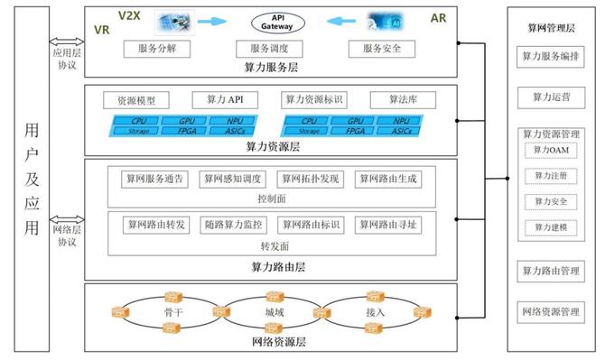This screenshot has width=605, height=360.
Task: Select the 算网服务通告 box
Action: (155, 179)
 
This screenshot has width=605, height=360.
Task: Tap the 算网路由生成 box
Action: (386, 179)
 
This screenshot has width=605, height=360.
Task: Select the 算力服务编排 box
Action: (552, 56)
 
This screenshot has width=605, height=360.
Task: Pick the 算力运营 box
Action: (552, 95)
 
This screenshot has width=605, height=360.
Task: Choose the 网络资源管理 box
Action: (552, 312)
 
